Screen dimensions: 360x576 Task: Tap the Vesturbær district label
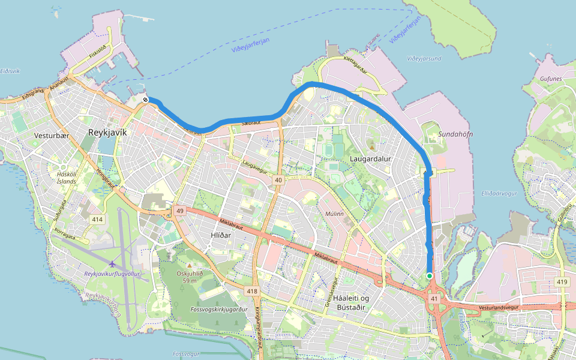(52, 136)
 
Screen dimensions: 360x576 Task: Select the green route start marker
(430, 276)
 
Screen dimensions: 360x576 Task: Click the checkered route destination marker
(146, 100)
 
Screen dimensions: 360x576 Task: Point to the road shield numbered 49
(179, 211)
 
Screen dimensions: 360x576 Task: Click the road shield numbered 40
(278, 180)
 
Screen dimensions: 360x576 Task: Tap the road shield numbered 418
(252, 291)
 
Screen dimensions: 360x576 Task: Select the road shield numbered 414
(98, 220)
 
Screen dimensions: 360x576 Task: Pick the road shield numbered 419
(562, 281)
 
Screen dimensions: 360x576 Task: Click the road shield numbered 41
(434, 298)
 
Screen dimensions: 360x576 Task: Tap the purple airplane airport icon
(112, 264)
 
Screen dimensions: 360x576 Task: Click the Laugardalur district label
(370, 159)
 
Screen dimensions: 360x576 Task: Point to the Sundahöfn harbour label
(455, 134)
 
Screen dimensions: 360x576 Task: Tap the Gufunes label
(550, 79)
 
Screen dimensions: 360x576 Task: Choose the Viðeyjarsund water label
(424, 59)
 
